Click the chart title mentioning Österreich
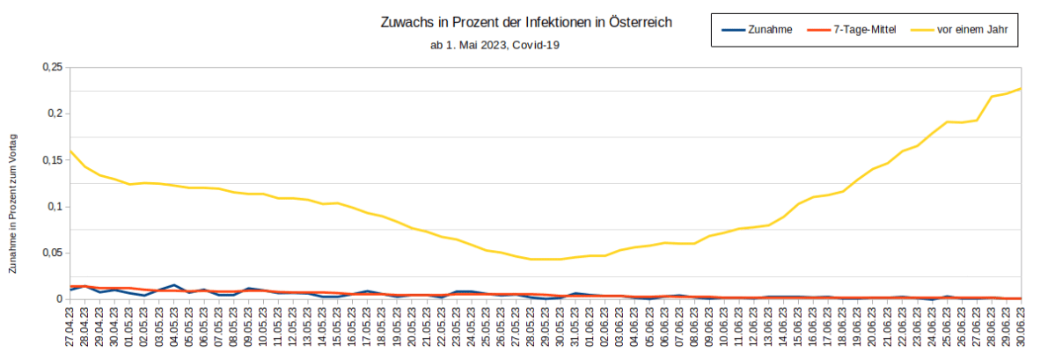526,23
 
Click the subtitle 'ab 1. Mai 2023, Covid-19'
495,44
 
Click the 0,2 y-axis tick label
55,114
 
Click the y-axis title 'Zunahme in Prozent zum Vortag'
13,202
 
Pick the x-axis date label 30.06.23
1022,328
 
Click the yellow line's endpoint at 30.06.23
1021,88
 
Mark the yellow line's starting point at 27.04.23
70,151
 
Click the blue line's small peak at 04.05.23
174,285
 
